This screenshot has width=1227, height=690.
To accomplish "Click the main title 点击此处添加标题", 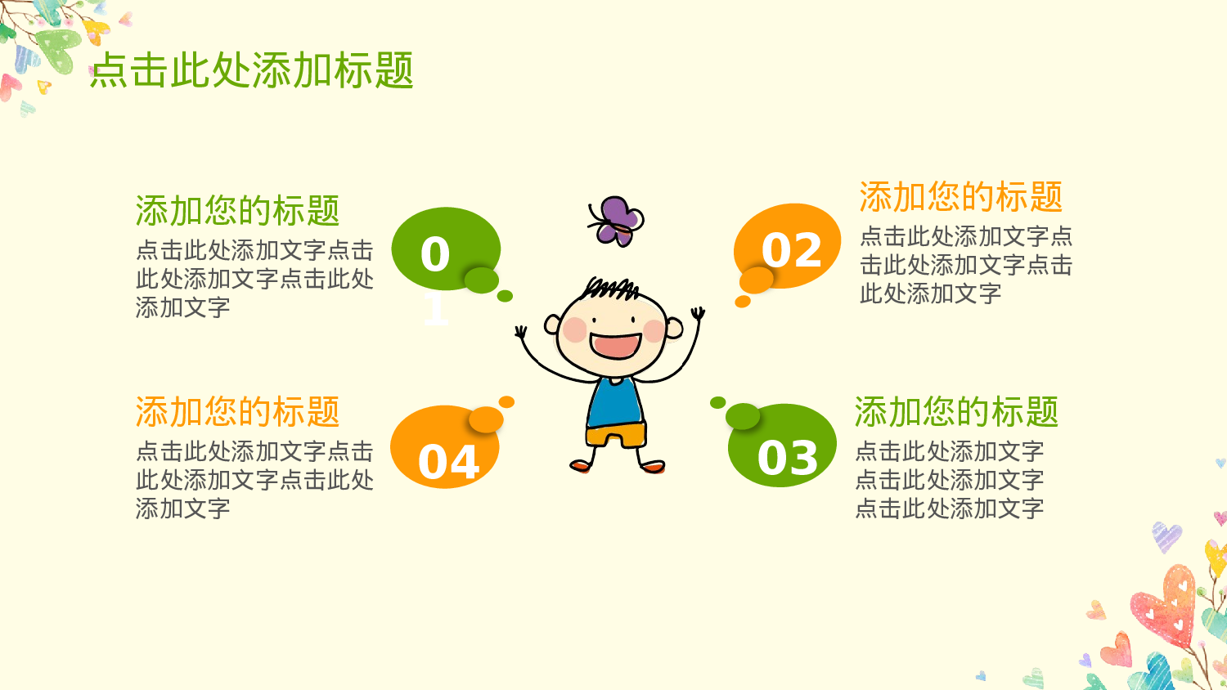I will pyautogui.click(x=252, y=70).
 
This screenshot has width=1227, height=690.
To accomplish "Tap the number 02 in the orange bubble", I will pyautogui.click(x=791, y=250).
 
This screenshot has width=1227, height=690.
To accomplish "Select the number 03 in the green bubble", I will pyautogui.click(x=787, y=458).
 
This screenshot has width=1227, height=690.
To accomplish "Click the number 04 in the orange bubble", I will pyautogui.click(x=448, y=462).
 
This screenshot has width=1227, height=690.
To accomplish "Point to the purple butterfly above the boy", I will pyautogui.click(x=618, y=220).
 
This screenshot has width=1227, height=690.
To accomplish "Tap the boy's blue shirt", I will pyautogui.click(x=614, y=401).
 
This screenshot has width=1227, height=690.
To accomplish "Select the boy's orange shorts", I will pyautogui.click(x=616, y=432).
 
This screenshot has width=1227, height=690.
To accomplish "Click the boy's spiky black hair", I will pyautogui.click(x=612, y=289).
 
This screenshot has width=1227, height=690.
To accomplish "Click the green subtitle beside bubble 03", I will pyautogui.click(x=956, y=412).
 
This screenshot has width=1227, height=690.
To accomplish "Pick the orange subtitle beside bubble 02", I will pyautogui.click(x=960, y=197).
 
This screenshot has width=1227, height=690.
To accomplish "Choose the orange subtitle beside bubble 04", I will pyautogui.click(x=237, y=412).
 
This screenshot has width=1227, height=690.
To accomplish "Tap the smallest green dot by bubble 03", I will pyautogui.click(x=717, y=402).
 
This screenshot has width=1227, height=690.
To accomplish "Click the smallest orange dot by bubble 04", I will pyautogui.click(x=506, y=401).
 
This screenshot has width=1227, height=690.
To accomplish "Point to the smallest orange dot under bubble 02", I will pyautogui.click(x=743, y=302).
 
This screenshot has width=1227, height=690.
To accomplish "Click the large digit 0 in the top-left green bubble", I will pyautogui.click(x=435, y=254).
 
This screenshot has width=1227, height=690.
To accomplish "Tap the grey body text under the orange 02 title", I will pyautogui.click(x=965, y=265).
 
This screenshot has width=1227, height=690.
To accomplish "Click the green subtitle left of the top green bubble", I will pyautogui.click(x=237, y=211).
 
